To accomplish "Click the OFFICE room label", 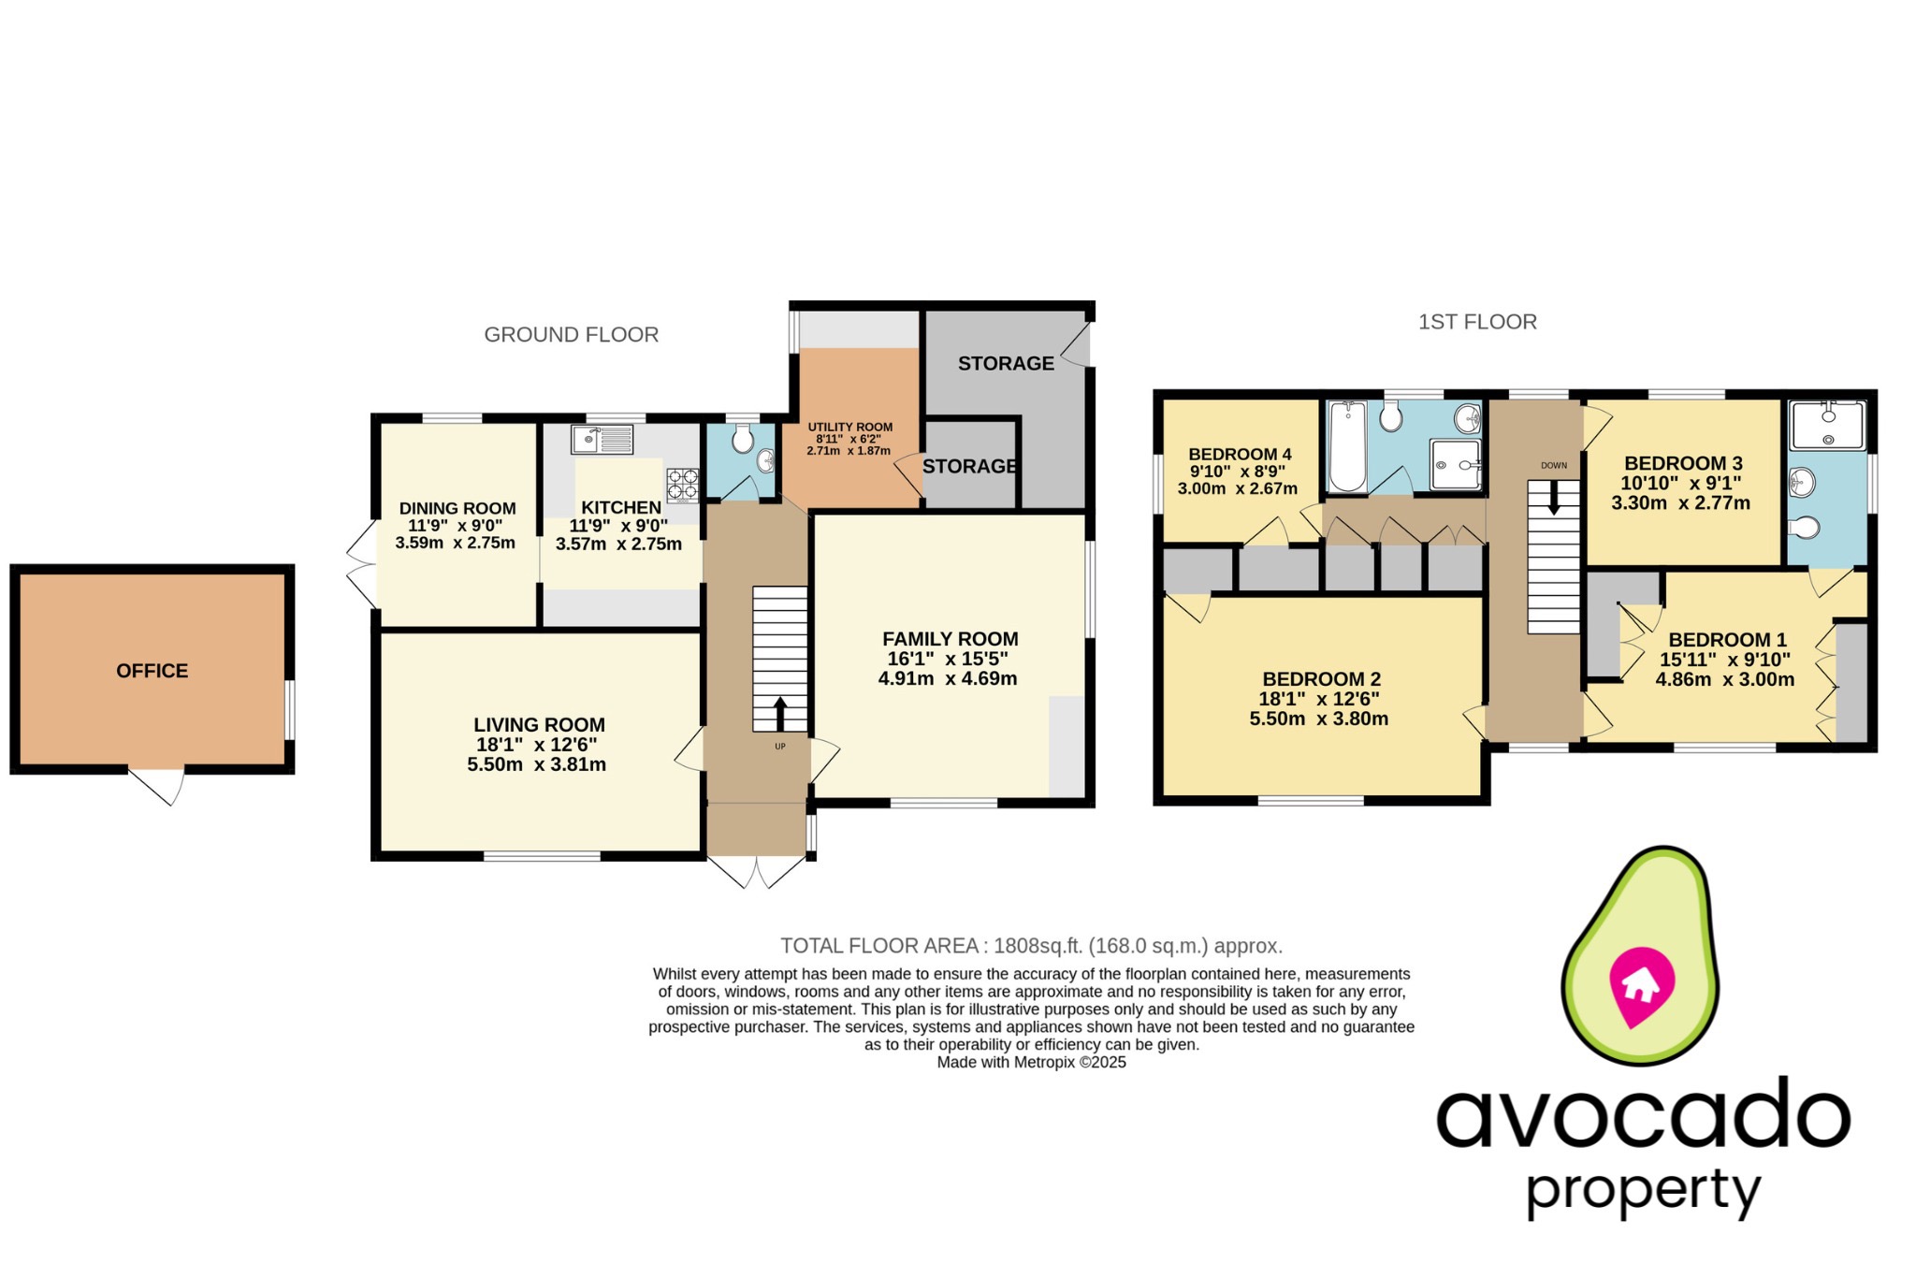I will [152, 671].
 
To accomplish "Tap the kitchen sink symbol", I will [602, 439].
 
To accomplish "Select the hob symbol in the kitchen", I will [682, 485].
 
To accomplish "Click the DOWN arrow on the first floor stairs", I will [1554, 498].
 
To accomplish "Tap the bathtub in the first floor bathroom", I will [1347, 446].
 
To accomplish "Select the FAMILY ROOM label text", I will [950, 639].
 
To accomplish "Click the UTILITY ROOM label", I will [849, 427].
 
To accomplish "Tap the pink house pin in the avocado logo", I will [1640, 986].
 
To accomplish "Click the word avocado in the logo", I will [1643, 1117].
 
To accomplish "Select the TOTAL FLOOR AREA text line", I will [1031, 945].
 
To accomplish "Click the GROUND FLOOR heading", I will [571, 335].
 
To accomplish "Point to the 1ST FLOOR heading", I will [1477, 322].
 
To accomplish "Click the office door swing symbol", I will [159, 786].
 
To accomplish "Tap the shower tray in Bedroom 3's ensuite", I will [1826, 426].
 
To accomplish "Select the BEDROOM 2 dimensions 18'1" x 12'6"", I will [1319, 699].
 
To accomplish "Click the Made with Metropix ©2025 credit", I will [1031, 1063].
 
